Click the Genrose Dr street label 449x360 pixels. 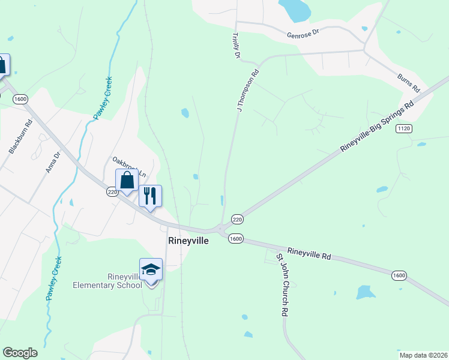tap(303, 34)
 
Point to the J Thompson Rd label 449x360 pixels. tap(247, 91)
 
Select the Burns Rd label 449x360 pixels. tap(409, 83)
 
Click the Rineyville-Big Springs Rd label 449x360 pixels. tap(377, 126)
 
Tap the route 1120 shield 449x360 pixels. tap(403, 128)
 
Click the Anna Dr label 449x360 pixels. tap(53, 162)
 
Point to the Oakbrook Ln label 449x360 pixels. tap(129, 166)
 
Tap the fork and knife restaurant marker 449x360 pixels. tap(149, 195)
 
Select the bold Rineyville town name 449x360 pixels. tap(188, 241)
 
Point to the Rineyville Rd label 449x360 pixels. tap(309, 254)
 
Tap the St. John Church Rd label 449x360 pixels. tap(283, 285)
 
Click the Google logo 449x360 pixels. tap(20, 352)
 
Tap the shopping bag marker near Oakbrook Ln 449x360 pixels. tap(127, 180)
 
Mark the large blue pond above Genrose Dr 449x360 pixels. tap(294, 8)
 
